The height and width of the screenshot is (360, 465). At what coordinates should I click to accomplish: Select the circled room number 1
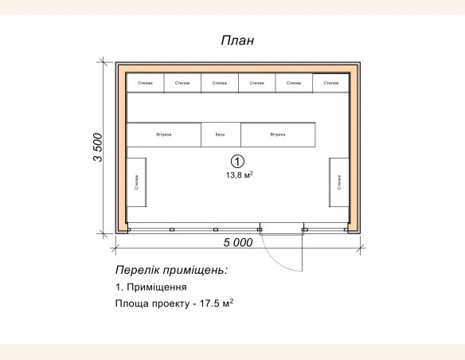236,160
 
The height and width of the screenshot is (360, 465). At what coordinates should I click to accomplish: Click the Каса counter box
221,135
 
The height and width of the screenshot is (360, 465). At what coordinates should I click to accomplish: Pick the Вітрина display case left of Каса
164,135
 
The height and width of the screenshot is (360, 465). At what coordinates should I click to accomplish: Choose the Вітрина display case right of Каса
278,135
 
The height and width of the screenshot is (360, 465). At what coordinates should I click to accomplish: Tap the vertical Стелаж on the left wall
136,182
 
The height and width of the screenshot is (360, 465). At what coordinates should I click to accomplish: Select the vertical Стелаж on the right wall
339,182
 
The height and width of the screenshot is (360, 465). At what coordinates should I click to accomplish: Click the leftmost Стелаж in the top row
145,83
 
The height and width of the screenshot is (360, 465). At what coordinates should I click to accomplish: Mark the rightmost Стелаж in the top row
330,83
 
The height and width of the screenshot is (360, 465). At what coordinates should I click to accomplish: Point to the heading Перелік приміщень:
171,270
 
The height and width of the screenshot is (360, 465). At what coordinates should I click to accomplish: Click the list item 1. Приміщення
151,287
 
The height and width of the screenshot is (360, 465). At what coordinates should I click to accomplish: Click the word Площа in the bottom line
131,304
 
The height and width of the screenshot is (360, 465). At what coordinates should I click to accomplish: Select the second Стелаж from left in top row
182,83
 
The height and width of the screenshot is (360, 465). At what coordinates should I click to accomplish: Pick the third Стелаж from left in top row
220,83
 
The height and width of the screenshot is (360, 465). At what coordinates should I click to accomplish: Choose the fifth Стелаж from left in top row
294,83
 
